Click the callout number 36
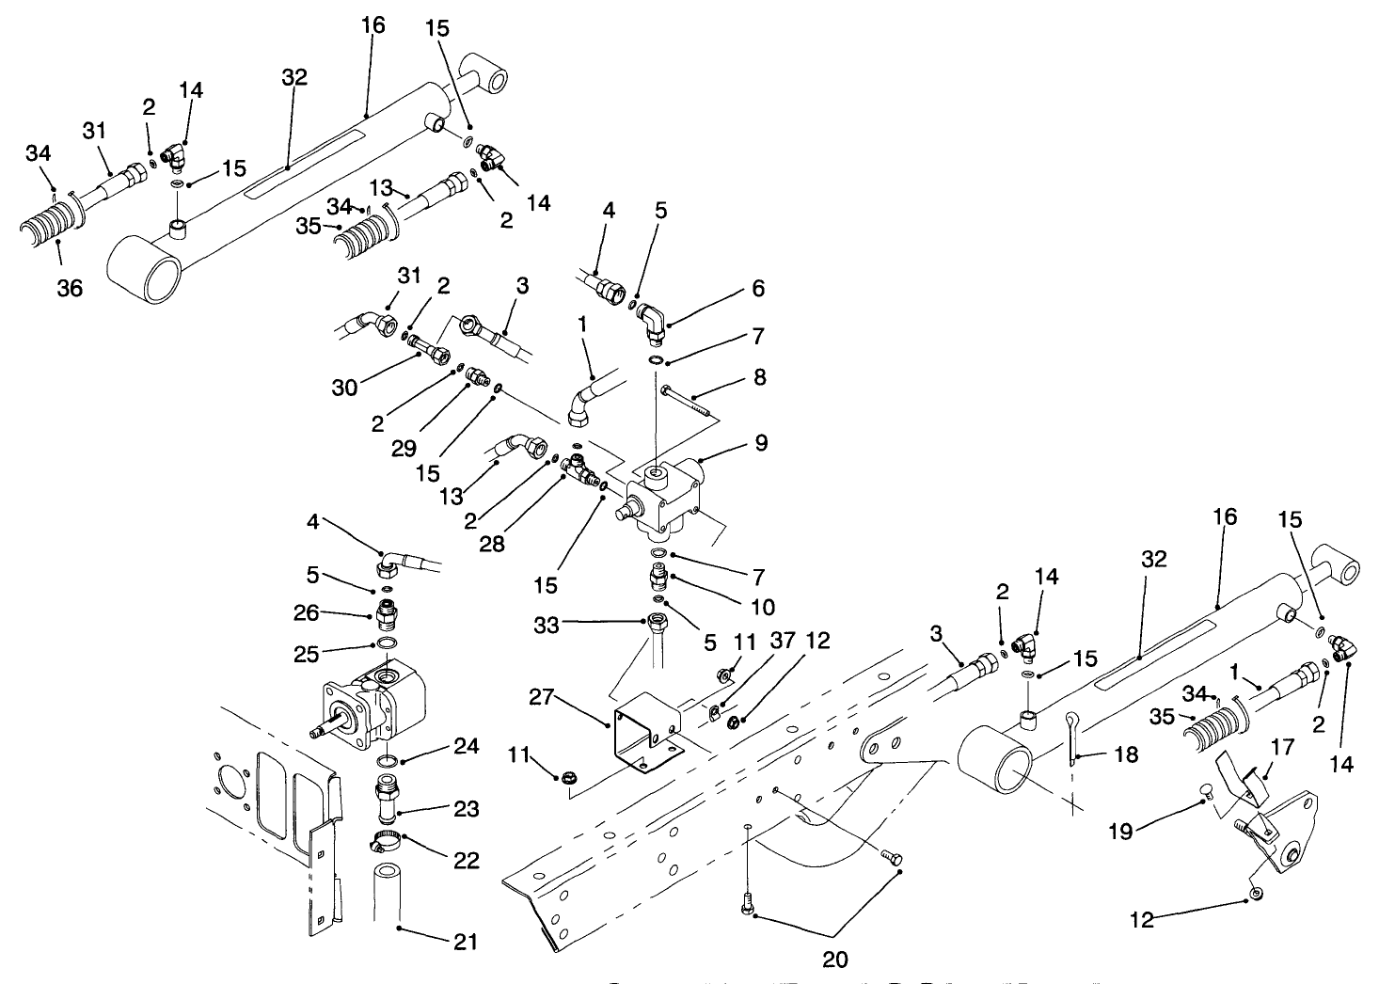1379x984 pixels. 70,289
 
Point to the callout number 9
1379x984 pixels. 760,441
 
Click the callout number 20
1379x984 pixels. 835,959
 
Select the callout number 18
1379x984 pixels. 1126,754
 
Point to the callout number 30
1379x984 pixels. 344,386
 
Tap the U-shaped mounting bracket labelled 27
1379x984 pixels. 647,732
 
